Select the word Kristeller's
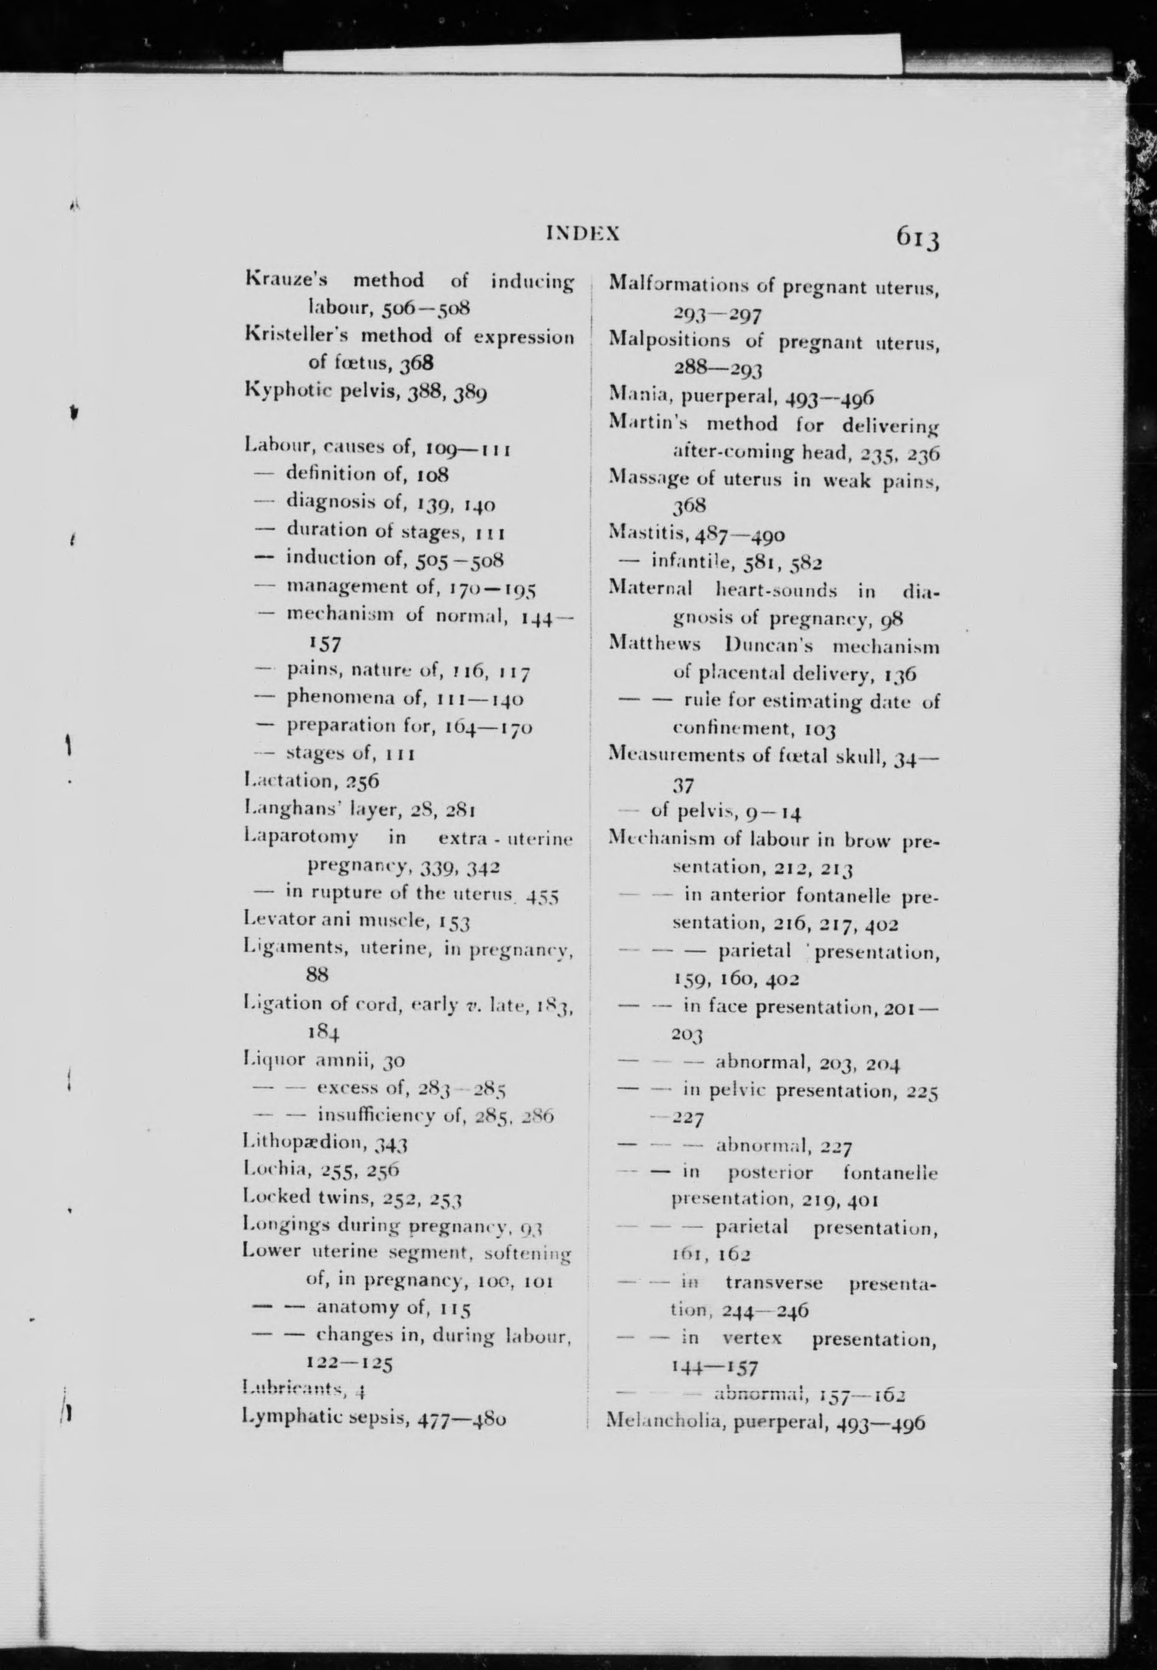click(296, 336)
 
